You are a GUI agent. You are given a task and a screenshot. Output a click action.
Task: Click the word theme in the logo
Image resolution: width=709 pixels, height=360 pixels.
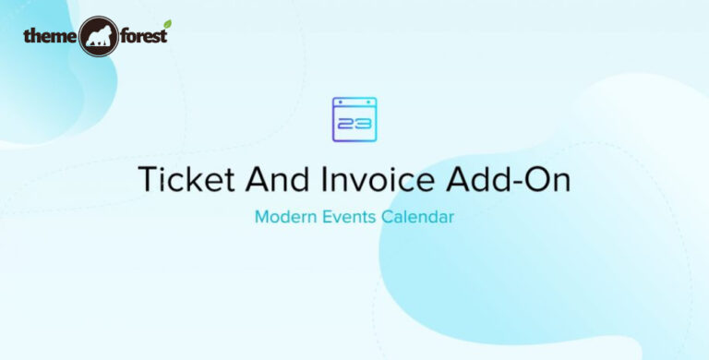(x=49, y=36)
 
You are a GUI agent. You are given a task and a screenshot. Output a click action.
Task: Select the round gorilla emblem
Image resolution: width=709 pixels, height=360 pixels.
(x=98, y=37)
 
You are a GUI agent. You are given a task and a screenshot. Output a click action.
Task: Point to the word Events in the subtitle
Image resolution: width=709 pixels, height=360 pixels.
(x=350, y=220)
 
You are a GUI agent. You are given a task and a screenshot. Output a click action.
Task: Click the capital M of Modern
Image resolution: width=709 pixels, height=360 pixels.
(x=260, y=220)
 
